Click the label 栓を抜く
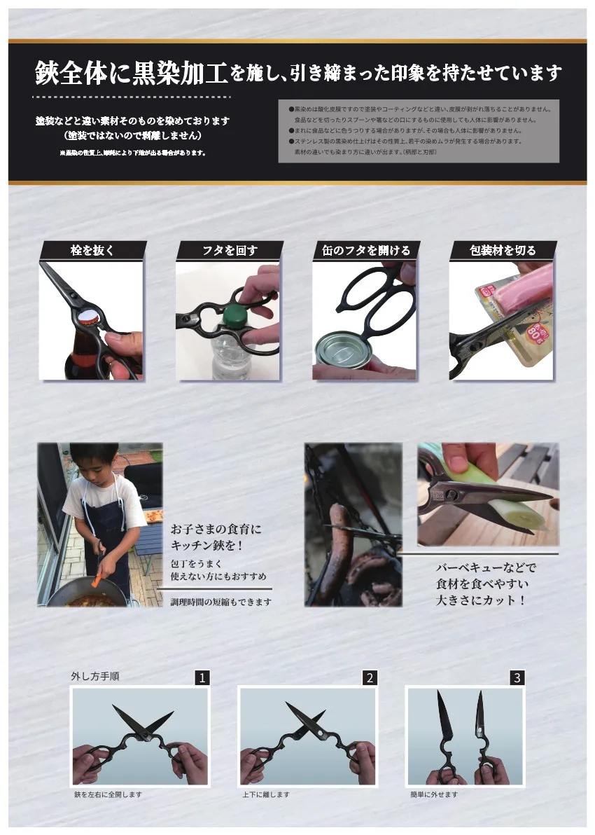(92, 251)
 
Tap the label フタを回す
(229, 251)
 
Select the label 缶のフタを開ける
(366, 251)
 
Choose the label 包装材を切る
(503, 251)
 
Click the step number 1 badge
(202, 677)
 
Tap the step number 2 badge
(370, 677)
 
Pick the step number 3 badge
(517, 677)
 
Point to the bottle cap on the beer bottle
(90, 318)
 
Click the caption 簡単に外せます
(434, 794)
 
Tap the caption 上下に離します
(266, 794)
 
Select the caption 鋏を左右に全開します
(108, 794)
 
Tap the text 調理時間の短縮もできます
(221, 602)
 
